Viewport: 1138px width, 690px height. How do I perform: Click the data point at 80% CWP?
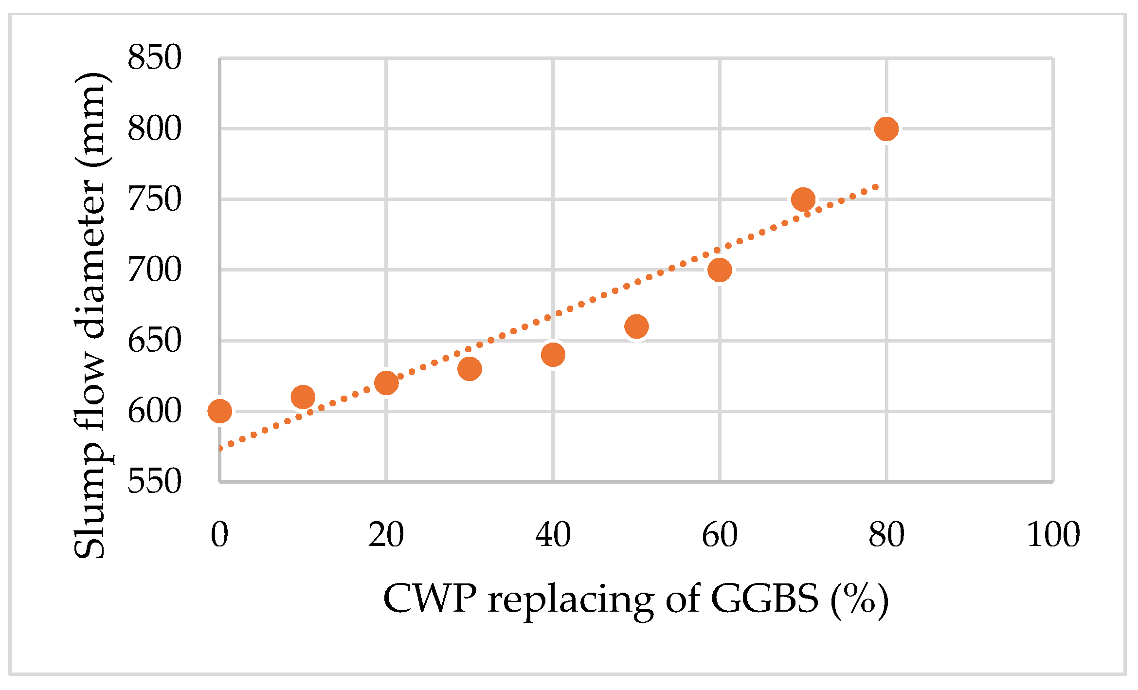click(x=886, y=128)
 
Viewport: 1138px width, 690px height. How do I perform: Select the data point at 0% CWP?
click(x=219, y=411)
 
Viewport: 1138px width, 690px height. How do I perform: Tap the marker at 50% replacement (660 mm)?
click(x=636, y=326)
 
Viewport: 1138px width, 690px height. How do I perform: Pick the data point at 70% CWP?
click(x=803, y=199)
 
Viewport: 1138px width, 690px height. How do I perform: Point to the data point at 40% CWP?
click(x=553, y=354)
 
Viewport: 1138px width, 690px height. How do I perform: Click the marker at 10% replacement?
click(x=303, y=397)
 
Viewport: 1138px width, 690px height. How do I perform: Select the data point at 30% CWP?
click(x=470, y=368)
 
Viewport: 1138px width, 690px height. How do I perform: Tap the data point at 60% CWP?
click(x=720, y=270)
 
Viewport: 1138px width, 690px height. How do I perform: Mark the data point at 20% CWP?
click(x=386, y=383)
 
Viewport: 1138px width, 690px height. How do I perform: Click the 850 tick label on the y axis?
click(x=154, y=57)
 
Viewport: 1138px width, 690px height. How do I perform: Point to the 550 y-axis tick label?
click(x=154, y=482)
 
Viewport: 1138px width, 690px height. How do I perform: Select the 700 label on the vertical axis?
click(x=154, y=270)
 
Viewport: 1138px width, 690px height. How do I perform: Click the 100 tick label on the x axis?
click(x=1053, y=535)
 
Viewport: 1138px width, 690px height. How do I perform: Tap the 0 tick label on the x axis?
click(x=219, y=535)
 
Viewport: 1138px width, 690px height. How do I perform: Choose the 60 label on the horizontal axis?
click(x=720, y=535)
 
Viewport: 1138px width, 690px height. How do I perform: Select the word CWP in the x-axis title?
click(x=429, y=599)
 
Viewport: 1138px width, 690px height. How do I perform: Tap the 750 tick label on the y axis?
click(x=154, y=199)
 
